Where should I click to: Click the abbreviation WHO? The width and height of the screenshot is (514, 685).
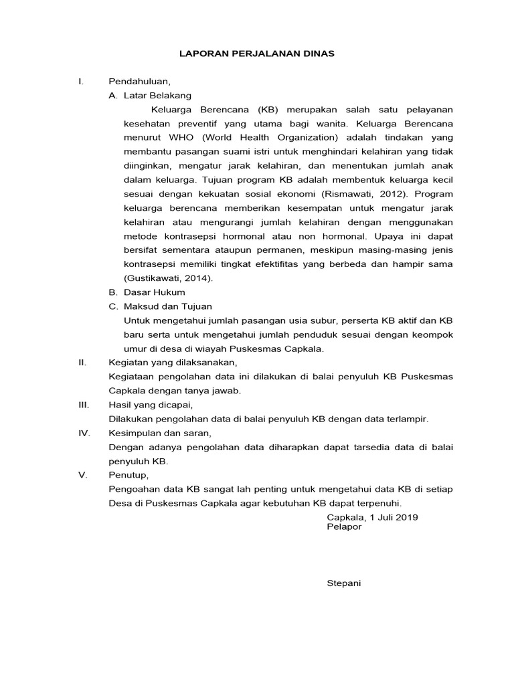tap(181, 138)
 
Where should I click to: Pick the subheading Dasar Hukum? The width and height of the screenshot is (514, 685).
tap(154, 292)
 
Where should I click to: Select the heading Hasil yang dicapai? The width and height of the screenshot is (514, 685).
tap(151, 405)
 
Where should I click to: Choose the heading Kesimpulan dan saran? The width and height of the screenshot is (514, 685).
tap(159, 433)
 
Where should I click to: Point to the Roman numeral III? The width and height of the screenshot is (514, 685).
tap(84, 405)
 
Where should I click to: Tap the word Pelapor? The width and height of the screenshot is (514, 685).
tap(343, 527)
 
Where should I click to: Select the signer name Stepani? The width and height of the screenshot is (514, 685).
tap(343, 583)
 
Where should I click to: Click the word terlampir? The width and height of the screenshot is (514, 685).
tap(405, 419)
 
